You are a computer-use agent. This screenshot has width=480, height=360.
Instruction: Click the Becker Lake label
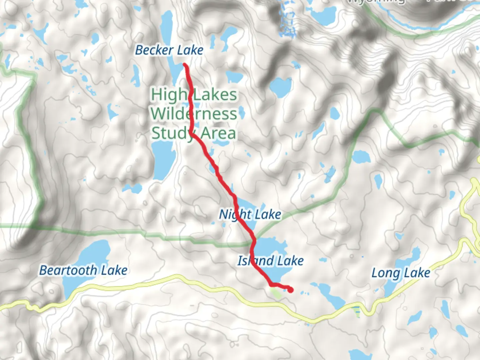pos(169,50)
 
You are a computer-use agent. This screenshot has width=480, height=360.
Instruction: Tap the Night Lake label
pos(250,214)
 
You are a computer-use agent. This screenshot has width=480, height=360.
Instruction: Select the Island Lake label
pos(270,261)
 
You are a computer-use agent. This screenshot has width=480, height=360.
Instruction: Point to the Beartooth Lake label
pos(83,270)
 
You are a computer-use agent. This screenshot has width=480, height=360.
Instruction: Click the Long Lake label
pos(401,273)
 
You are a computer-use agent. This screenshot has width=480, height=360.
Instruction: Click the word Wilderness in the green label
pos(194,114)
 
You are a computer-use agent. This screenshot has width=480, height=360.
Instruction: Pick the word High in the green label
pos(169,95)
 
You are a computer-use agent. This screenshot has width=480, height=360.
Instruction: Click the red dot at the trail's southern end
pos(290,290)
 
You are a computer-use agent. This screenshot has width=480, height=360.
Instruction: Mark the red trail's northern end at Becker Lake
pos(185,65)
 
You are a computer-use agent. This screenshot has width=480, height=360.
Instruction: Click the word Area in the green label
pos(218,133)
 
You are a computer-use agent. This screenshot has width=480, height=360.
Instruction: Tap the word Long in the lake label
pos(385,273)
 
